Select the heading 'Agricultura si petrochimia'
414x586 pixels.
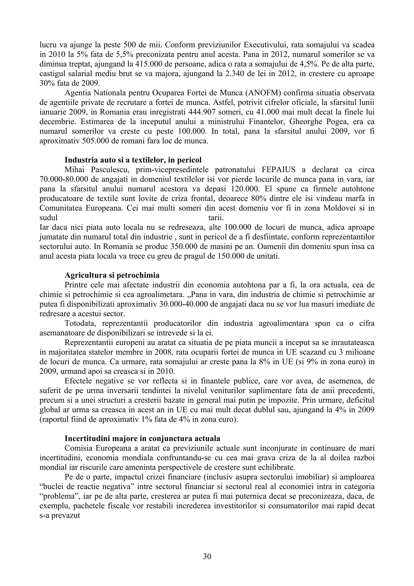pos(112,275)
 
